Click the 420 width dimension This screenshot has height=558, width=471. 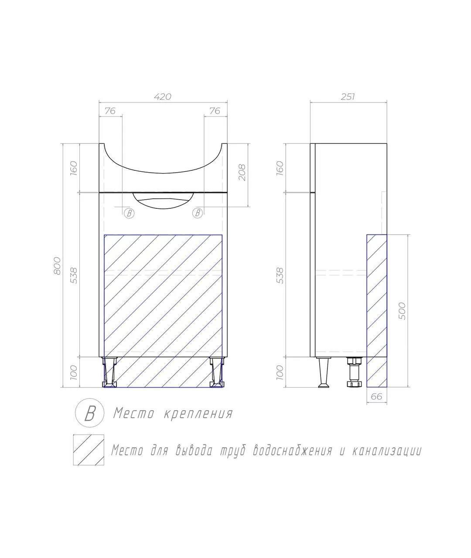click(163, 96)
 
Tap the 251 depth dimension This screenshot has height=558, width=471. click(348, 96)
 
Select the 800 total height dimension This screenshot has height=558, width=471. click(57, 265)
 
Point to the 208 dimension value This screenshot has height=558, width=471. click(242, 172)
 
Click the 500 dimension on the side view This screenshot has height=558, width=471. click(402, 311)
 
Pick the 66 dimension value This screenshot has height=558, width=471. click(376, 397)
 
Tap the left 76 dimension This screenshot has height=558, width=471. click(110, 111)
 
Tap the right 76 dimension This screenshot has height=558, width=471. click(215, 111)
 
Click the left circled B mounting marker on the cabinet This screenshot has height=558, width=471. click(129, 213)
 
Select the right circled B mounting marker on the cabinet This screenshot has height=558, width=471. click(198, 213)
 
